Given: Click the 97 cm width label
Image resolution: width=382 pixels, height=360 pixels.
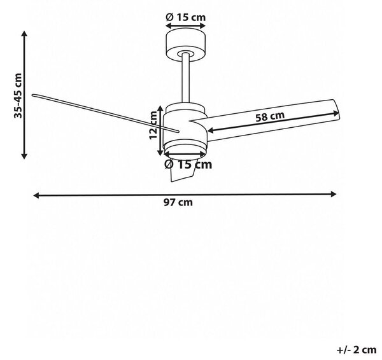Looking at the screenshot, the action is [x=178, y=202].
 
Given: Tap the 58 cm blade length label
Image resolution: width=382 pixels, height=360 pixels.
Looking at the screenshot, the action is [x=270, y=116].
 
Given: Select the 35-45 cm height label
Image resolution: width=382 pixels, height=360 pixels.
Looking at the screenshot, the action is [x=18, y=95].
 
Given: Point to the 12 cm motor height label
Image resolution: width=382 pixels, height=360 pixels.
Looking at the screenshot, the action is [x=153, y=125].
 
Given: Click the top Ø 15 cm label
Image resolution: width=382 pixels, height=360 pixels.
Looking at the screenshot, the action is [x=186, y=17].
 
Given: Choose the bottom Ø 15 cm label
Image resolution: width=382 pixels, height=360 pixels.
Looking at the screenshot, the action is [x=188, y=165].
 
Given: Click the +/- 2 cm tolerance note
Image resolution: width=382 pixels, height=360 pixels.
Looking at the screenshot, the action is [x=357, y=350].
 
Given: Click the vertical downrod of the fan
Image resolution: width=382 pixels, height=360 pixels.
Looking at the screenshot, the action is [x=186, y=78].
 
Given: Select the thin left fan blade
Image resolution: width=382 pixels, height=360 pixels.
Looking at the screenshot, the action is [x=106, y=113].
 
